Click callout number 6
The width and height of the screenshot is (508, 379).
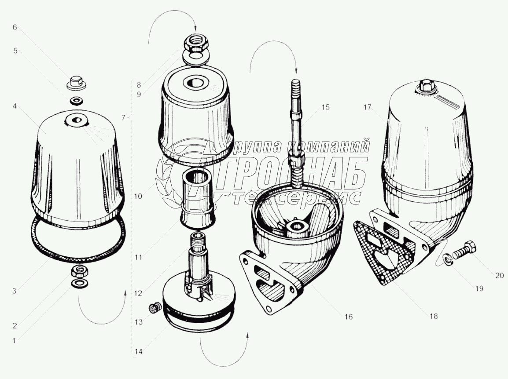coord(15,27)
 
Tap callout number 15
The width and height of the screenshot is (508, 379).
coord(326,107)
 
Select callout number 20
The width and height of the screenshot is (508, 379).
coord(499,275)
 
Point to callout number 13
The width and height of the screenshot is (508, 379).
coord(139,323)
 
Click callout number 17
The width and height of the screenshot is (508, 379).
coord(367,107)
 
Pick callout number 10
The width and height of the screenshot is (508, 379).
coord(138,197)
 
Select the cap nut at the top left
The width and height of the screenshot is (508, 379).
coord(76,83)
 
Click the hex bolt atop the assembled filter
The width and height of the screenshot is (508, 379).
coord(427,87)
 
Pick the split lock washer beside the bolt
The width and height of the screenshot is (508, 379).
coord(446,259)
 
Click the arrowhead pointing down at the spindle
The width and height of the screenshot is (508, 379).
coord(296,70)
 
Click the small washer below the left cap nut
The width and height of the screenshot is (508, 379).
coord(77,101)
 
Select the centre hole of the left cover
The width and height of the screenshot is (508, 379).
coord(77,120)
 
